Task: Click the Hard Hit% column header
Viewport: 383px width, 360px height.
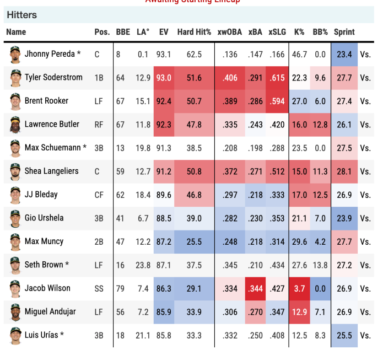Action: pos(194,32)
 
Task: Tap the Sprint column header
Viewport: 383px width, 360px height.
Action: pos(344,32)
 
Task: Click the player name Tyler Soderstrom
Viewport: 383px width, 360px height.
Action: pos(53,77)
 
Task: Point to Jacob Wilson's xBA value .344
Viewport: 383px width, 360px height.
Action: pos(255,288)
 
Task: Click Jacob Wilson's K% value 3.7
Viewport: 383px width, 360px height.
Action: pos(300,288)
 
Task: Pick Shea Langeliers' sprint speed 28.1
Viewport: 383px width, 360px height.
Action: pos(344,171)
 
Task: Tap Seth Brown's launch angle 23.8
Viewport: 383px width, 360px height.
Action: pos(143,265)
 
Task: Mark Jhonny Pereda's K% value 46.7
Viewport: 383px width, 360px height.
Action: pos(299,55)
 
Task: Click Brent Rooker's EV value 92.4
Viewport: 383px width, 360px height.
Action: pos(164,101)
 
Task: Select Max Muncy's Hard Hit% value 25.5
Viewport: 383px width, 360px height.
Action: pos(194,241)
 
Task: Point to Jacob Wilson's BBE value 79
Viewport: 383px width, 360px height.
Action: pos(121,288)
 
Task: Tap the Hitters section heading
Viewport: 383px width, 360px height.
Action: pos(22,15)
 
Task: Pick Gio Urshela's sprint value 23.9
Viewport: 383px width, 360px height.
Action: pos(344,218)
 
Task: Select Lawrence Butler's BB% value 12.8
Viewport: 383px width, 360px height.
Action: pos(320,125)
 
